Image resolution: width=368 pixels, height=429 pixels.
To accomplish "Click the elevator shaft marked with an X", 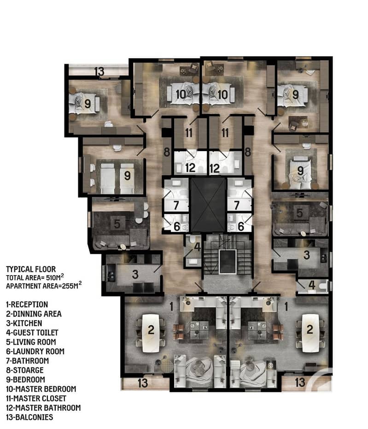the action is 208,205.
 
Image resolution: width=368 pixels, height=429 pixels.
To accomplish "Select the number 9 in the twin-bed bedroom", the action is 127,176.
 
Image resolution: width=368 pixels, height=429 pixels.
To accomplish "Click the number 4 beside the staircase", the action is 198,247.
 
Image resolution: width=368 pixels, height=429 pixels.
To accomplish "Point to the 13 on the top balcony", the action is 99,72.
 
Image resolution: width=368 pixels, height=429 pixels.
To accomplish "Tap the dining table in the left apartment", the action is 151,333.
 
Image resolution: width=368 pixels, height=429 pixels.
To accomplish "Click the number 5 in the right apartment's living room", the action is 300,213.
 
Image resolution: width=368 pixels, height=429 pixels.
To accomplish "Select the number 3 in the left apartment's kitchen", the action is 135,275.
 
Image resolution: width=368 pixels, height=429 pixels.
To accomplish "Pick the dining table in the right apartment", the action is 310,333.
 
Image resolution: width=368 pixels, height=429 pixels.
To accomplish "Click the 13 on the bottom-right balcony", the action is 300,382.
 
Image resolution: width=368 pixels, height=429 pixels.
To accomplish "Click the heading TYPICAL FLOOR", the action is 31,269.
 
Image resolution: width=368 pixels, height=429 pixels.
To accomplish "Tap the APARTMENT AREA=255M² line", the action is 44,285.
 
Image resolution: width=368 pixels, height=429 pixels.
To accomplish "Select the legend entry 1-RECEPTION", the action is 27,305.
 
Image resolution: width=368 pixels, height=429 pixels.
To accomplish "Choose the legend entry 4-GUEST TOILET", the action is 32,333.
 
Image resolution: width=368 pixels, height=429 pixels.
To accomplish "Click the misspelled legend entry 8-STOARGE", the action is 25,370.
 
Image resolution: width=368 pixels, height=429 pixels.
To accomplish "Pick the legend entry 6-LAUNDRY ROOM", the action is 35,351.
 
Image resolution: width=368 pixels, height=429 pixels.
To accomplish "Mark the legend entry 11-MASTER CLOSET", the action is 36,398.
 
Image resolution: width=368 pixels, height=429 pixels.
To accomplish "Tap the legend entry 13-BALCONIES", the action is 29,417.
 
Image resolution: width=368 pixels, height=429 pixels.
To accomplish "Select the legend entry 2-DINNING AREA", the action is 34,314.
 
